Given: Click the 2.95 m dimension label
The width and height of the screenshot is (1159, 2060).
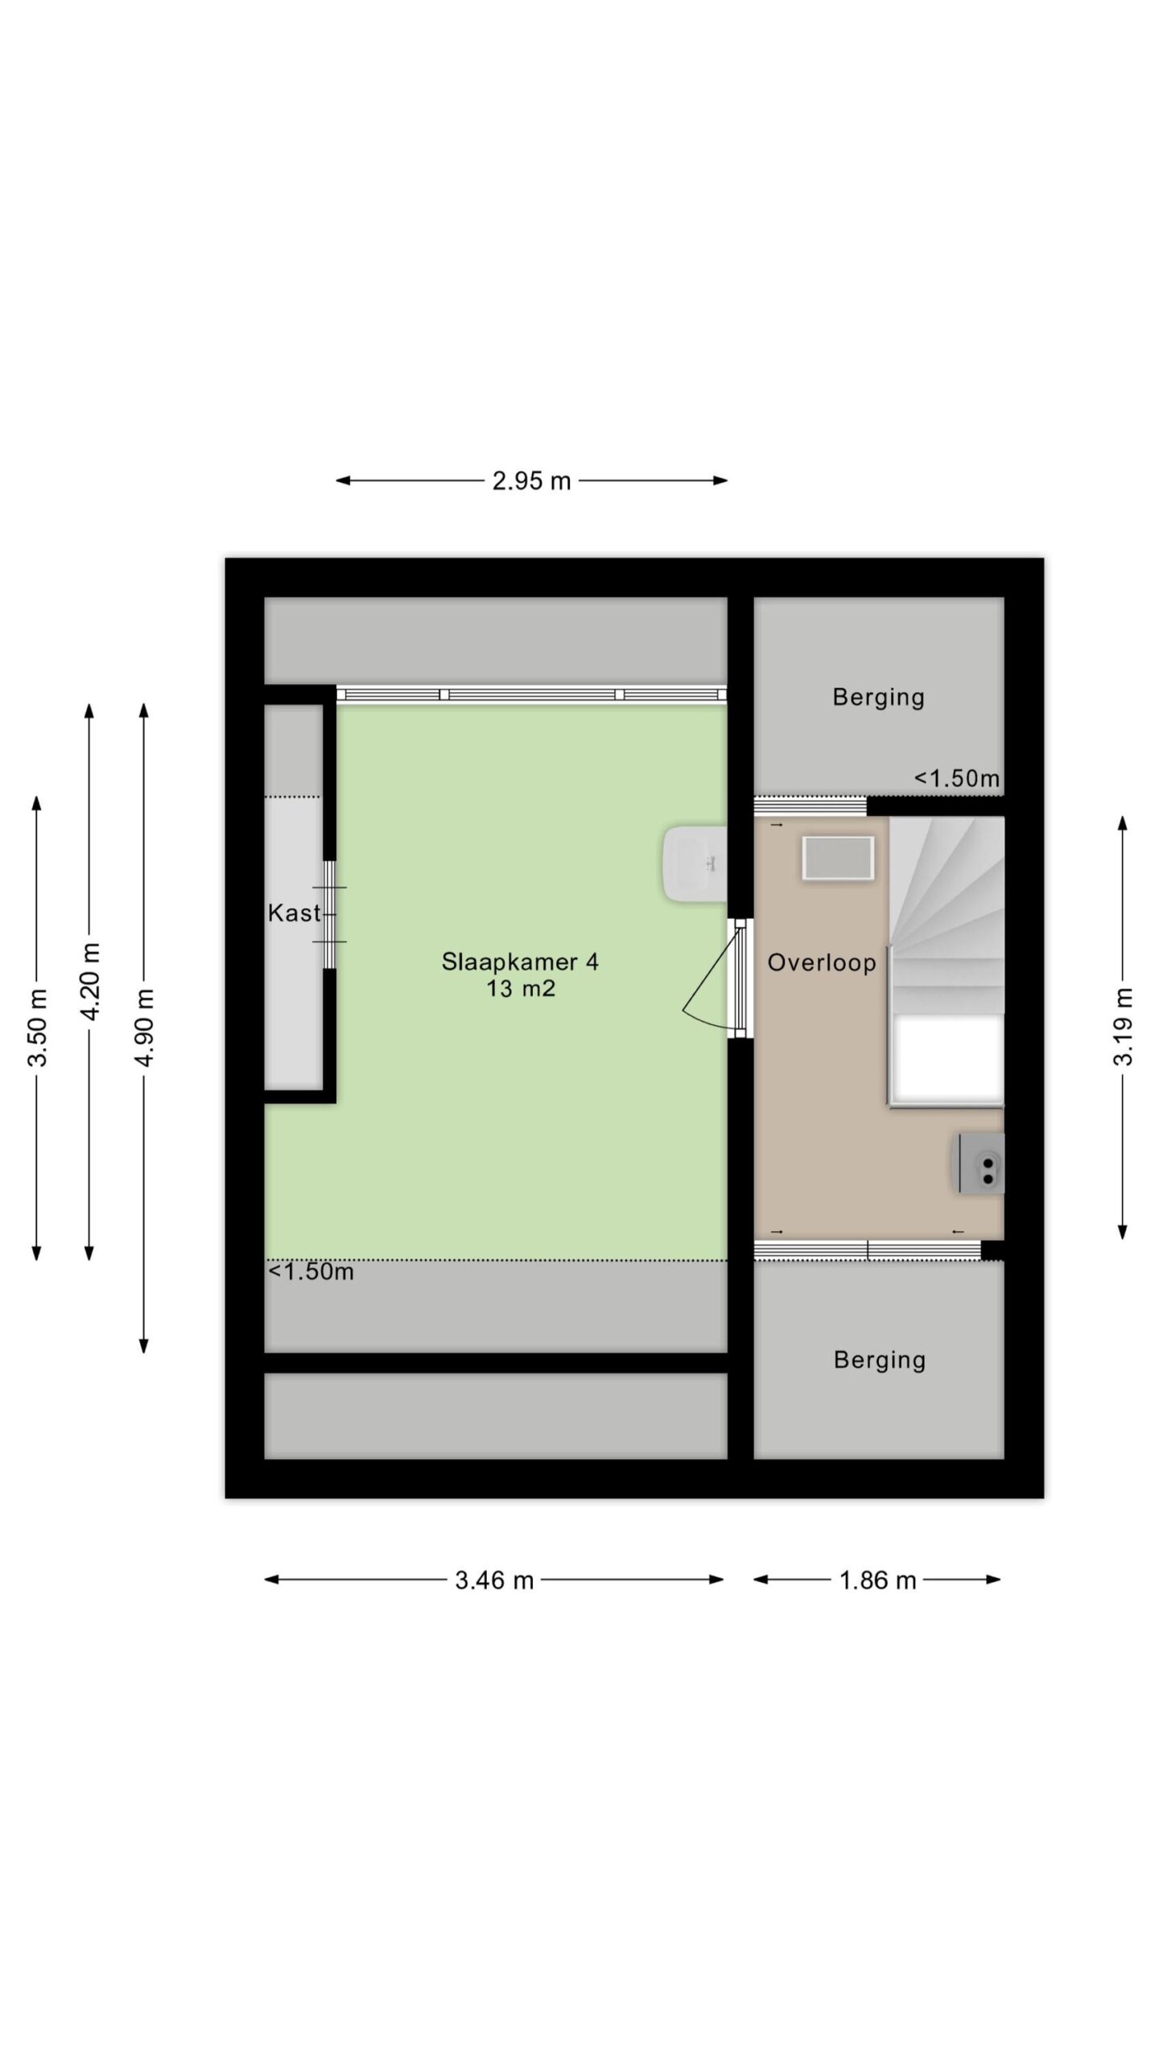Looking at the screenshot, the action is pos(531,481).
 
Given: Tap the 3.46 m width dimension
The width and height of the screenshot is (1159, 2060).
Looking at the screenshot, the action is pos(494,1580).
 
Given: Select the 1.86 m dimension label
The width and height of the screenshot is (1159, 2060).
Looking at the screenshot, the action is pos(877,1580).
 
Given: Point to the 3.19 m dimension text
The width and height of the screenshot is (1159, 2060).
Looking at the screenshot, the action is pos(1124,1027).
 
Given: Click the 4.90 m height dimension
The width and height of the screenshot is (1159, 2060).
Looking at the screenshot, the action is pos(144,1028).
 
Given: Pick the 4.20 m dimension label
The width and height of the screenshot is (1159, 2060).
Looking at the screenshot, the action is pos(90,982).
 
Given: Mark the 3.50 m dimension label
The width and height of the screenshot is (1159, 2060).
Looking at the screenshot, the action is pos(37,1028).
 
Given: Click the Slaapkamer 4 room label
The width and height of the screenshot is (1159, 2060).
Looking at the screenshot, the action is pos(520,962).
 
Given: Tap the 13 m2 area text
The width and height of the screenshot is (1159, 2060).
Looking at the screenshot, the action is pos(520,988).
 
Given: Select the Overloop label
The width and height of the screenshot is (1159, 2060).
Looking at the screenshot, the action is pos(822,962).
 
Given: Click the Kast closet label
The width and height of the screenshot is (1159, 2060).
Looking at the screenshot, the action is pos(295,913).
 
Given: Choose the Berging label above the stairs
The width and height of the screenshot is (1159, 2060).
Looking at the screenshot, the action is pos(878,697).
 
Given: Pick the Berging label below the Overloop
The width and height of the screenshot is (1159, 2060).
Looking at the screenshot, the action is pos(879,1360).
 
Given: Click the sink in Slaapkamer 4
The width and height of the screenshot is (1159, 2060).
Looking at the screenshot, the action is pos(695,863).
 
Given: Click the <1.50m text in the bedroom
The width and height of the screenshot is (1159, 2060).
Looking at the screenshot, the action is pos(311,1271).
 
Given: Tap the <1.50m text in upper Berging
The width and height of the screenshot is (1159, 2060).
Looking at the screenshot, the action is pos(957,778).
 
